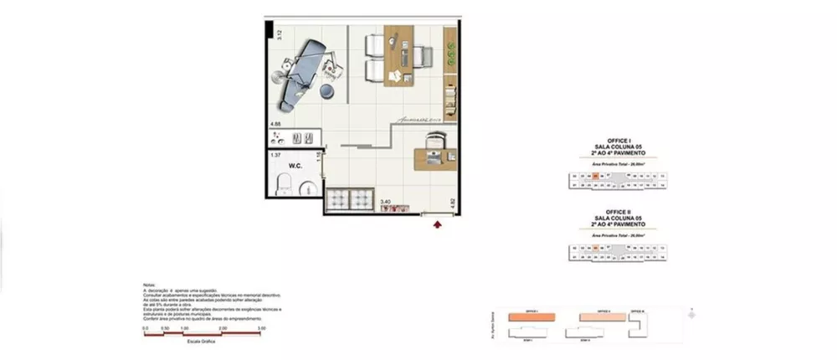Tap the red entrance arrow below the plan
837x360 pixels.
coord(437,223)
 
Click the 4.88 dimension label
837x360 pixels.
coord(275,125)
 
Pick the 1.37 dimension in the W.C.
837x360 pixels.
coord(276,155)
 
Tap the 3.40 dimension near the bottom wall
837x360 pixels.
coord(386,202)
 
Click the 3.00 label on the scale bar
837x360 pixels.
coord(262,328)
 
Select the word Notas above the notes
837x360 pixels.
coord(150,285)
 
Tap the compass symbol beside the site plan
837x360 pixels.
coord(691,314)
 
